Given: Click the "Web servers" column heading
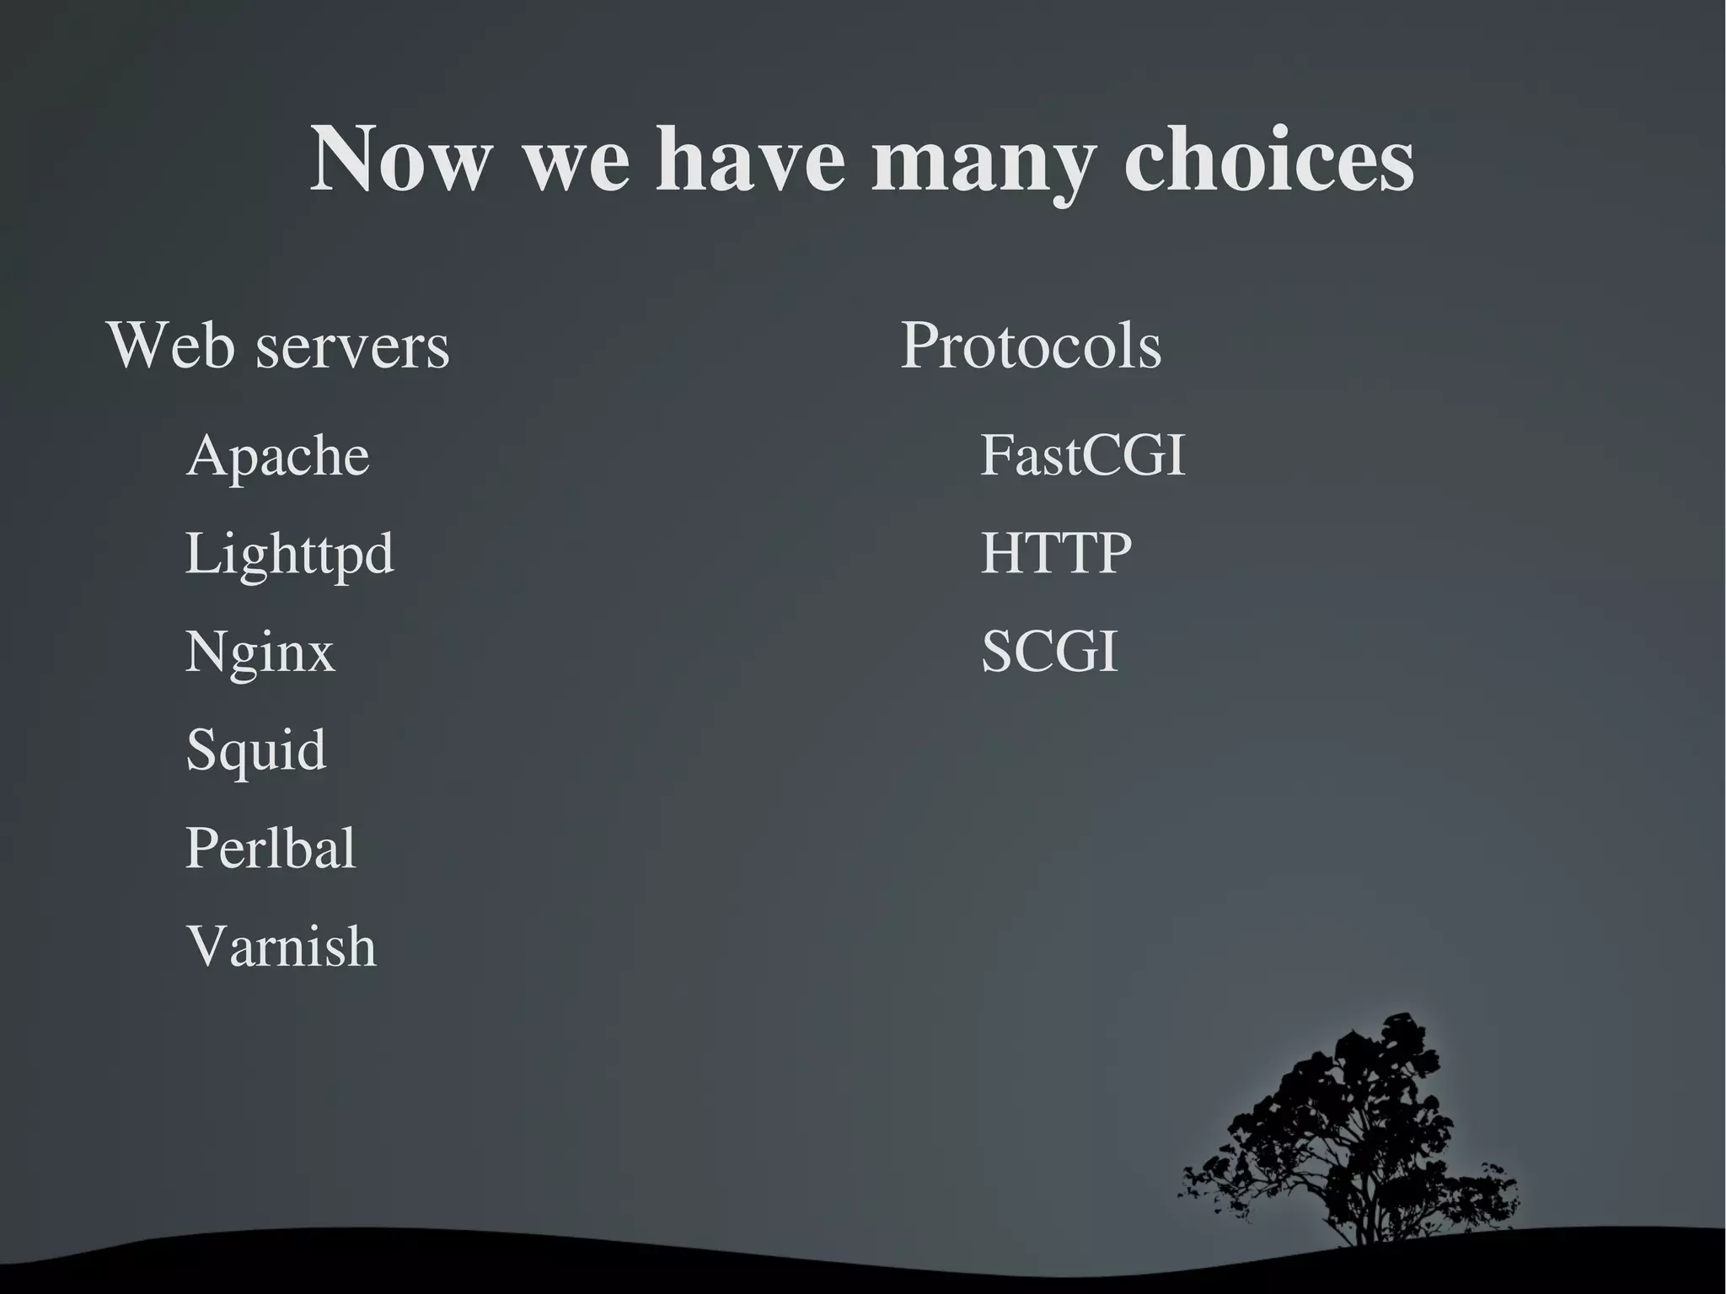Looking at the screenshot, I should click(278, 346).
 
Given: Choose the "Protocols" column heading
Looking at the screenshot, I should click(1031, 346).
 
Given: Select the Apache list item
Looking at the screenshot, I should click(277, 457).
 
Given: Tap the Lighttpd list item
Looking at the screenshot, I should click(289, 555).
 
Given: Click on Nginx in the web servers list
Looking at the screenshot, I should click(260, 652).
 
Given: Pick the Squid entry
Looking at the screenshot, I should click(255, 750).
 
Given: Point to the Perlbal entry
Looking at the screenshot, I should click(270, 847).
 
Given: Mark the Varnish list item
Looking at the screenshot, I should click(281, 946).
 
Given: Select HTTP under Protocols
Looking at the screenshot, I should click(1056, 553).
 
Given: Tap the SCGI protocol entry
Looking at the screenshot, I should click(1049, 651).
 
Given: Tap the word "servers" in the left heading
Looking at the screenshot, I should click(352, 346).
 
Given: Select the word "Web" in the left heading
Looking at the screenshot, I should click(171, 346).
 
